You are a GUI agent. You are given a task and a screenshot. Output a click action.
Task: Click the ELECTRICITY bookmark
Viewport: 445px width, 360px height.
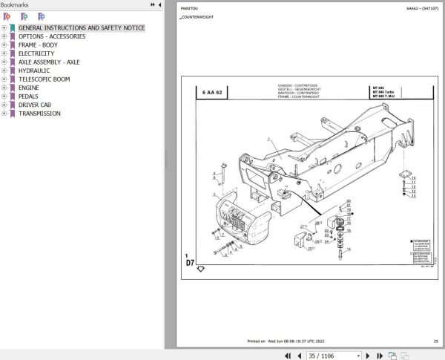coord(36,53)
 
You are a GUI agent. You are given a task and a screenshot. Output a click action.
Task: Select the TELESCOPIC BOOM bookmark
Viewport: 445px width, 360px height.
coord(44,79)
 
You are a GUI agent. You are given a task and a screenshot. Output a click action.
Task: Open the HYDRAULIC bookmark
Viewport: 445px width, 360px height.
coord(34,71)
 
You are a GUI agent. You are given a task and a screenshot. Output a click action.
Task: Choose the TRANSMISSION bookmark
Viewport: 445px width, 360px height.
coord(39,114)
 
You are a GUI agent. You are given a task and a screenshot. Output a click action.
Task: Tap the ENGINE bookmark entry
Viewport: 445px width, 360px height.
coord(30,88)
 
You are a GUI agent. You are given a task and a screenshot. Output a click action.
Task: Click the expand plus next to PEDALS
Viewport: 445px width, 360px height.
coord(4,96)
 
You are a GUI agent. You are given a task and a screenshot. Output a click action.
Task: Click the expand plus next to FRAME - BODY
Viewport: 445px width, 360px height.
coord(4,45)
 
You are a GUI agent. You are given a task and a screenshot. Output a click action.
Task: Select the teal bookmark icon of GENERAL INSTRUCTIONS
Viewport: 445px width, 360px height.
coord(12,28)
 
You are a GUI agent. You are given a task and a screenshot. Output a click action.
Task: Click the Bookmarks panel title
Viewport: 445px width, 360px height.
coord(14,4)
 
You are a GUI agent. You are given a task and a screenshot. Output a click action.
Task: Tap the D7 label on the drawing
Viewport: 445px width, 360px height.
coord(190,262)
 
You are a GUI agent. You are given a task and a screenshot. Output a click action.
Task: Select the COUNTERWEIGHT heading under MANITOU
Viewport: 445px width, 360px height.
coord(197,16)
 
